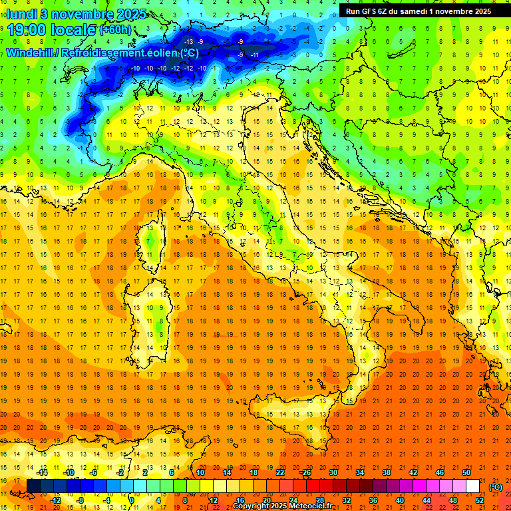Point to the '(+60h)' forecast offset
116,31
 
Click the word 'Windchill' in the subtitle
30,53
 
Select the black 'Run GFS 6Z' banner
419,11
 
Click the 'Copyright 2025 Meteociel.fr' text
282,506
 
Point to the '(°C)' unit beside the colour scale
496,486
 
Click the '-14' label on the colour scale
42,472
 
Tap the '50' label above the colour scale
466,472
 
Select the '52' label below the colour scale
479,500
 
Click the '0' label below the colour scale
132,500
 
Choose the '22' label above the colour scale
279,472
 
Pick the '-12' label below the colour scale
55,500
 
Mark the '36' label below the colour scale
373,500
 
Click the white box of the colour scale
472,486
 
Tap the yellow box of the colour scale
220,486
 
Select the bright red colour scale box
313,486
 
